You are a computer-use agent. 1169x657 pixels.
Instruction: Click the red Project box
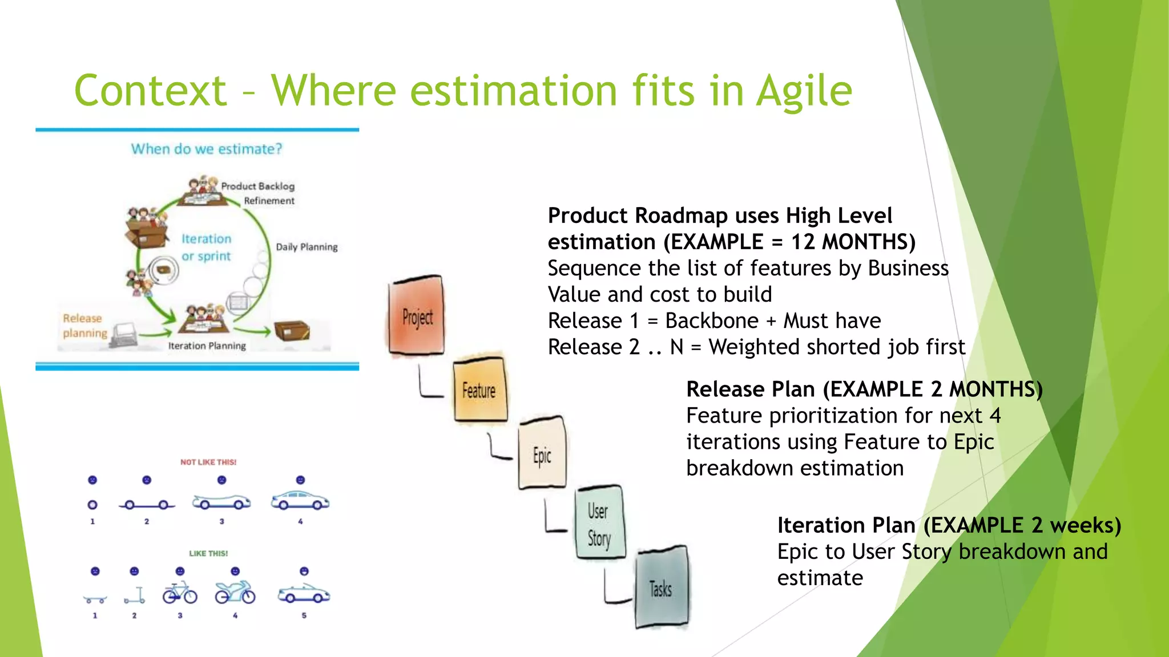[417, 317]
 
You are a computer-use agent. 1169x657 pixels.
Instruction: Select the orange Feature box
[479, 390]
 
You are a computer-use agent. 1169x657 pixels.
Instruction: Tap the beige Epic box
[542, 454]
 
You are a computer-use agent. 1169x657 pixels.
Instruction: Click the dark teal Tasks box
[661, 587]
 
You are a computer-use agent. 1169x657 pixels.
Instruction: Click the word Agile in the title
[804, 91]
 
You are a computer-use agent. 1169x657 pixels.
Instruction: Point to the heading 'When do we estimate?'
[207, 149]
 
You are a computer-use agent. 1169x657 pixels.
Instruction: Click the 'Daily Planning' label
[307, 247]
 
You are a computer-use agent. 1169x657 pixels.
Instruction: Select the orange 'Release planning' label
[84, 326]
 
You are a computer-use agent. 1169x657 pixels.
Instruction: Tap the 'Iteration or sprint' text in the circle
[206, 248]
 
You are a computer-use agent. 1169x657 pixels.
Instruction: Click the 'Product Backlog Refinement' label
[259, 193]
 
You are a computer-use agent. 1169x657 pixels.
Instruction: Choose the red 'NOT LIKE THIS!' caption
[208, 462]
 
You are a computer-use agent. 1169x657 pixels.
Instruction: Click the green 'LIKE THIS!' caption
[208, 553]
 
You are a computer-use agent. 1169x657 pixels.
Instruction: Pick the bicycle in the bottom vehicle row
[180, 593]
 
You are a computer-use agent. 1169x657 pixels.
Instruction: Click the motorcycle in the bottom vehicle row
[235, 593]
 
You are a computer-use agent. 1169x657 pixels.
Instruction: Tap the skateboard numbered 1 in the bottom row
[95, 599]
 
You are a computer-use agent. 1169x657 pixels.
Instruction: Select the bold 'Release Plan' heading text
[751, 390]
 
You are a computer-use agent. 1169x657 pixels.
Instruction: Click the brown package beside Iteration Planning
[292, 330]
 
